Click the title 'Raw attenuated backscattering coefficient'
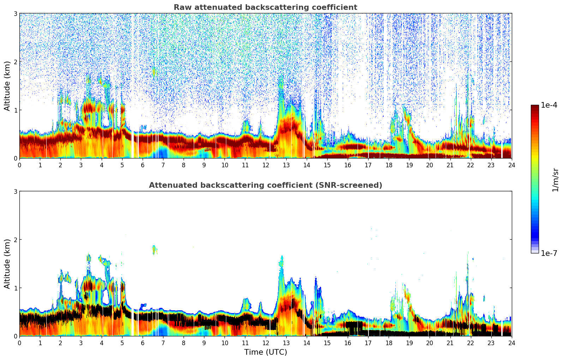point(265,7)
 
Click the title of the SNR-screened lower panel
point(265,185)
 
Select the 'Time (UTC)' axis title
point(265,352)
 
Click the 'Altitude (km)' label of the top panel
point(7,86)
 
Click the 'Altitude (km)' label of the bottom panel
point(7,264)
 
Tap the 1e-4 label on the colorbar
point(549,105)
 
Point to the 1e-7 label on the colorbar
point(549,253)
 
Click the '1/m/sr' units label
point(555,179)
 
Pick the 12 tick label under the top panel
point(265,165)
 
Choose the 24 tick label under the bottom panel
point(511,343)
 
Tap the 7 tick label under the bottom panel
point(163,343)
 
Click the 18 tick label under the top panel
point(389,165)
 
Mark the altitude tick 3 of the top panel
point(15,13)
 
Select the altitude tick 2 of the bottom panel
point(15,240)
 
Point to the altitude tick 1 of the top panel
point(15,110)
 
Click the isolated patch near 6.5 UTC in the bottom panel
point(154,249)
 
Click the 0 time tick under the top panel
point(19,165)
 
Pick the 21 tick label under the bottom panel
point(450,343)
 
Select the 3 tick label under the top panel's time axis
point(81,165)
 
